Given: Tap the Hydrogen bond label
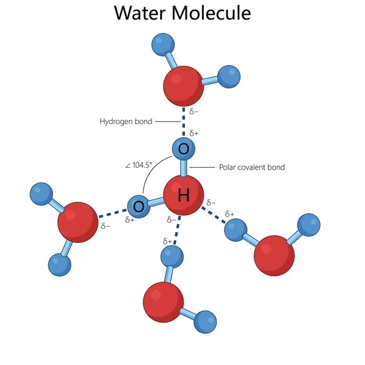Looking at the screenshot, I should click(x=125, y=122).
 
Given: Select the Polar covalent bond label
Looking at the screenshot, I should click(x=251, y=167).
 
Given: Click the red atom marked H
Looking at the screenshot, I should click(x=183, y=195).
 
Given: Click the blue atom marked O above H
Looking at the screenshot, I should click(x=184, y=148).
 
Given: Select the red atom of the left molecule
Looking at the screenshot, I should click(x=77, y=222).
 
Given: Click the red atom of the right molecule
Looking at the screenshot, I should click(x=274, y=254).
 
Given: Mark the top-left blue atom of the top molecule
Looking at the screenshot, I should click(x=162, y=44).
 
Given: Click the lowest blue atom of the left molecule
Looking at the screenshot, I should click(x=59, y=264).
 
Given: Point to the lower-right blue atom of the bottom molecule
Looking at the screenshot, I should click(x=206, y=322).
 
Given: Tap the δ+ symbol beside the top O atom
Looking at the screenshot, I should click(x=194, y=133).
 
